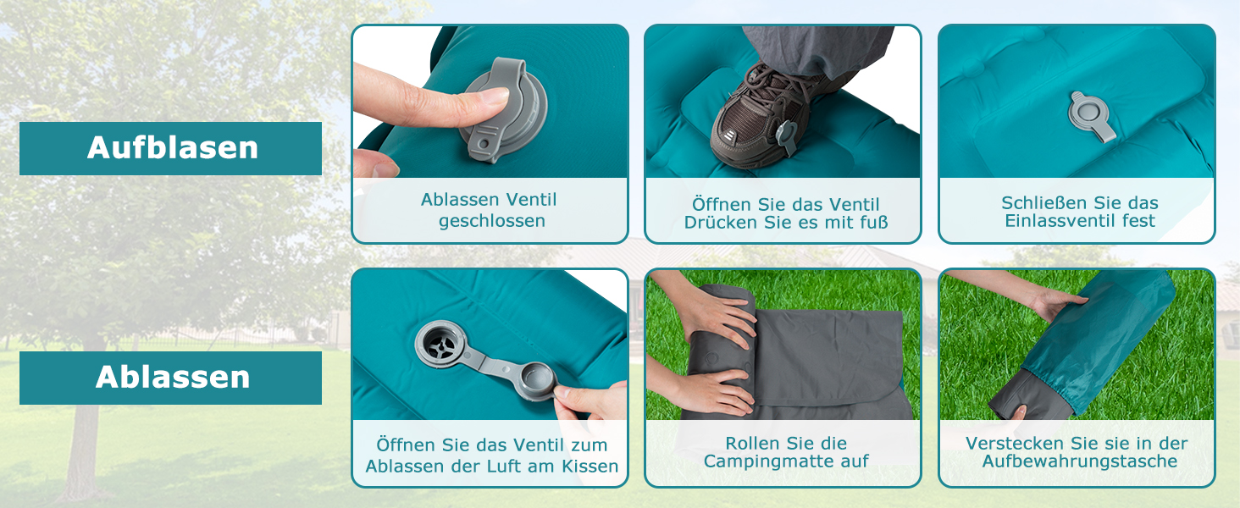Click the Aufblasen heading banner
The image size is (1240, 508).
(x=170, y=148)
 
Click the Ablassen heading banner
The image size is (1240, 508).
(x=170, y=378)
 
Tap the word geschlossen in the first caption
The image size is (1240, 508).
(x=491, y=221)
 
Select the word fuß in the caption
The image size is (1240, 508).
(x=873, y=223)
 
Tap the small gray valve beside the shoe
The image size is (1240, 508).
(x=787, y=136)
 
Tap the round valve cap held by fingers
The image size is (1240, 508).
(x=536, y=381)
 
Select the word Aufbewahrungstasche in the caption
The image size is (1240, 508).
(x=1079, y=461)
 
